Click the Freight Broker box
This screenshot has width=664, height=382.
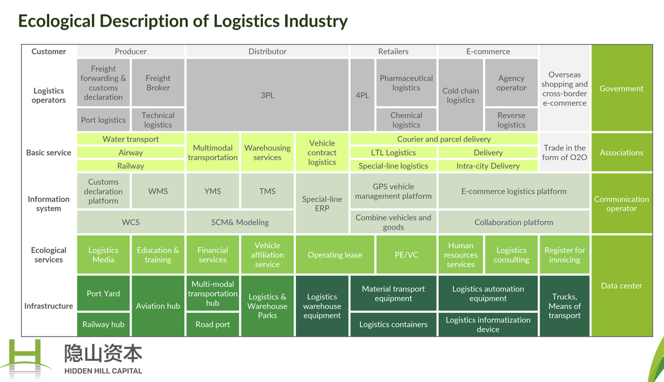[158, 82]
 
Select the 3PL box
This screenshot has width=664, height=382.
[267, 95]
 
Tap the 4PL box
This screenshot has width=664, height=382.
[362, 95]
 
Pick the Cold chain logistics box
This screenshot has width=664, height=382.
[460, 95]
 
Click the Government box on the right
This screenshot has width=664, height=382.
[621, 89]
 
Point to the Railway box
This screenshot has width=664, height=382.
[131, 166]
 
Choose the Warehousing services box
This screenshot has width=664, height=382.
[267, 152]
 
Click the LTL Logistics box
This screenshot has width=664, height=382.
[393, 152]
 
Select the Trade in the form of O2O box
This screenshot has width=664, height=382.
[564, 152]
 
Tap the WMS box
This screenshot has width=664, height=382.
[158, 191]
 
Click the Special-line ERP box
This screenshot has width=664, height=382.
[322, 204]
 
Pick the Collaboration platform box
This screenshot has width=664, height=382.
[513, 222]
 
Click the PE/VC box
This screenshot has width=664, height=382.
[406, 255]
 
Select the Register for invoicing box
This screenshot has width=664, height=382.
[564, 255]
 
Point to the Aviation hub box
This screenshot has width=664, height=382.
[158, 306]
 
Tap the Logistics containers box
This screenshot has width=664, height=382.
[393, 324]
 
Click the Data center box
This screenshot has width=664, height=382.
[621, 286]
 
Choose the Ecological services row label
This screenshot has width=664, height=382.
[49, 255]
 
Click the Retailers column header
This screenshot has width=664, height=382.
[393, 51]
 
